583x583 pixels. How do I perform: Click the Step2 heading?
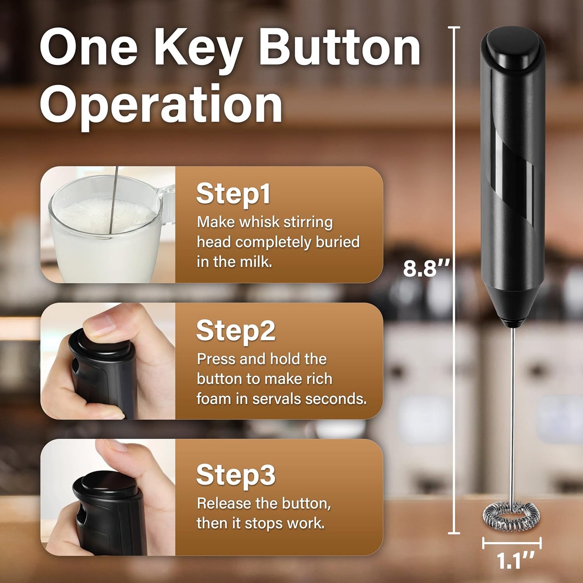[x=236, y=330]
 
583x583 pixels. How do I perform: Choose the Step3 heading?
[x=236, y=474]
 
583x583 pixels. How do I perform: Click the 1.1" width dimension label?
[x=515, y=561]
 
